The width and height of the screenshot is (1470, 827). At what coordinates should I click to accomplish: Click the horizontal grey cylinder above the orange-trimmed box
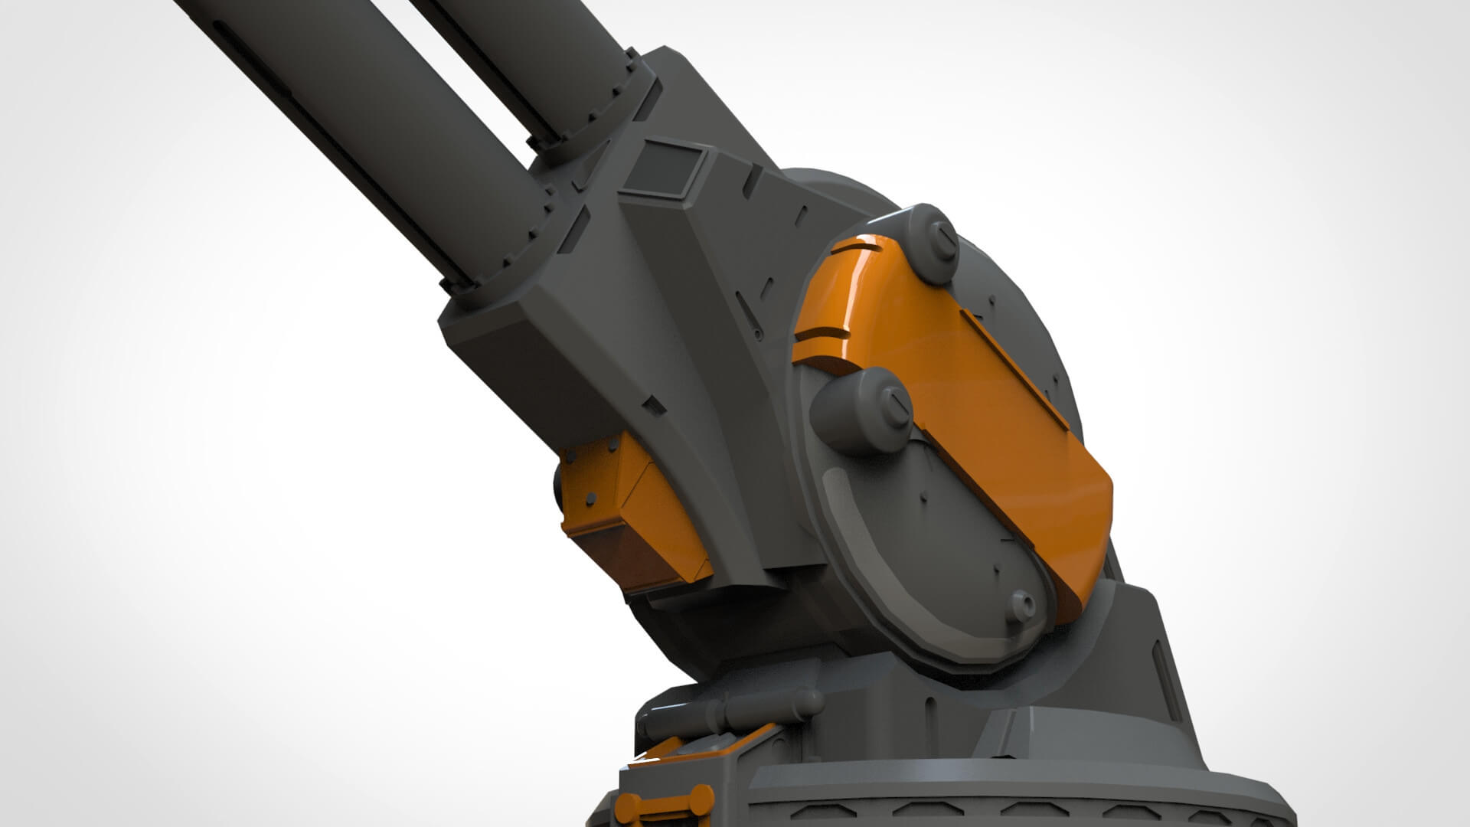(735, 708)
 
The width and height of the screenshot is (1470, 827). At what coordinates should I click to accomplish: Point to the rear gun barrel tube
(528, 54)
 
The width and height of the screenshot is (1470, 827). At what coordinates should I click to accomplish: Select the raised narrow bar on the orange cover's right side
(1018, 368)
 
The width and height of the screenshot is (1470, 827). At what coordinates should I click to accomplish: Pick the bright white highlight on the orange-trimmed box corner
(642, 760)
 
